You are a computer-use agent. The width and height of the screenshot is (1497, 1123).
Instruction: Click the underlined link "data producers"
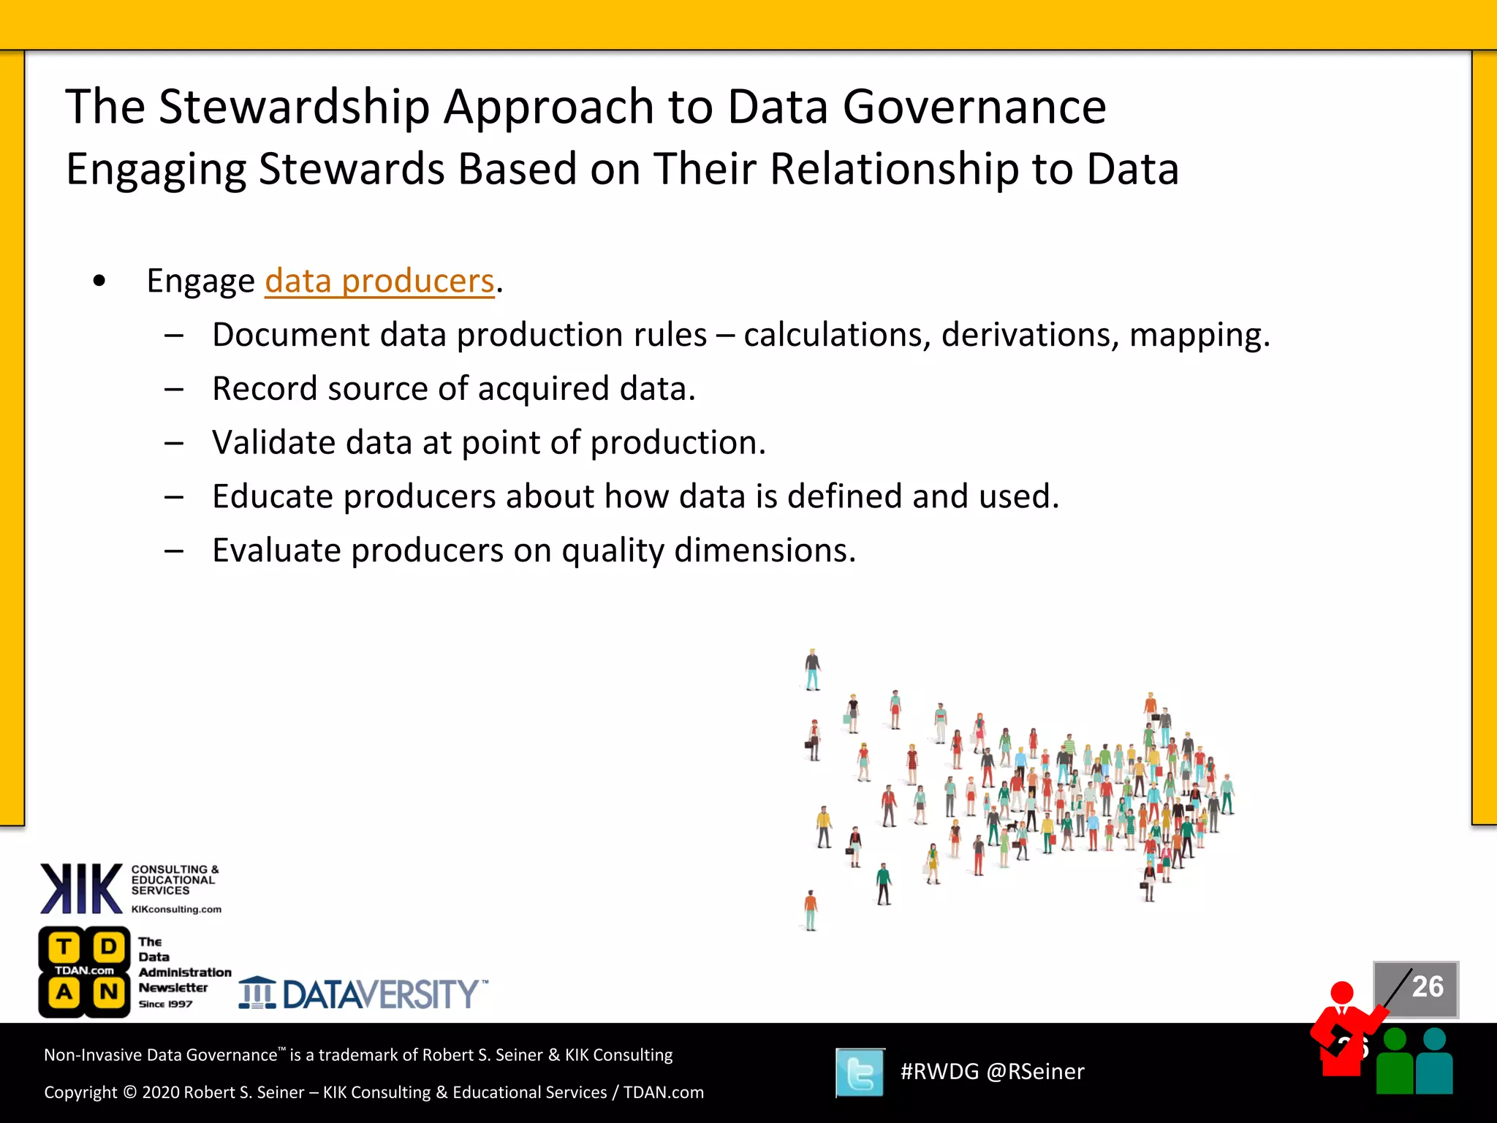coord(379,281)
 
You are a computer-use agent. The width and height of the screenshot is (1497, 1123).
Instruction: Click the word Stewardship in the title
coord(294,107)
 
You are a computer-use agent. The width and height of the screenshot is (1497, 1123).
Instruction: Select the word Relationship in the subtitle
coord(894,170)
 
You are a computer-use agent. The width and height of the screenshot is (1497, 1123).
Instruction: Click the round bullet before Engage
coord(99,281)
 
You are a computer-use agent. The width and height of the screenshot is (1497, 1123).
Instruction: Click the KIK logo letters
coord(81,889)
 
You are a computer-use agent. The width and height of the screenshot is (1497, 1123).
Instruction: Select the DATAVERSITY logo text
coord(380,994)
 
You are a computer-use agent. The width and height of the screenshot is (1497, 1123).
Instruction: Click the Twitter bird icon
coord(860,1073)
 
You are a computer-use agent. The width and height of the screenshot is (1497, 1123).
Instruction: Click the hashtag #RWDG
coord(939,1072)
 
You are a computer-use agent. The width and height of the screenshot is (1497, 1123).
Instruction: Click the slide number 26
coord(1427,987)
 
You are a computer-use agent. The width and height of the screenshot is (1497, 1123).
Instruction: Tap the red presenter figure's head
coord(1342,993)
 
